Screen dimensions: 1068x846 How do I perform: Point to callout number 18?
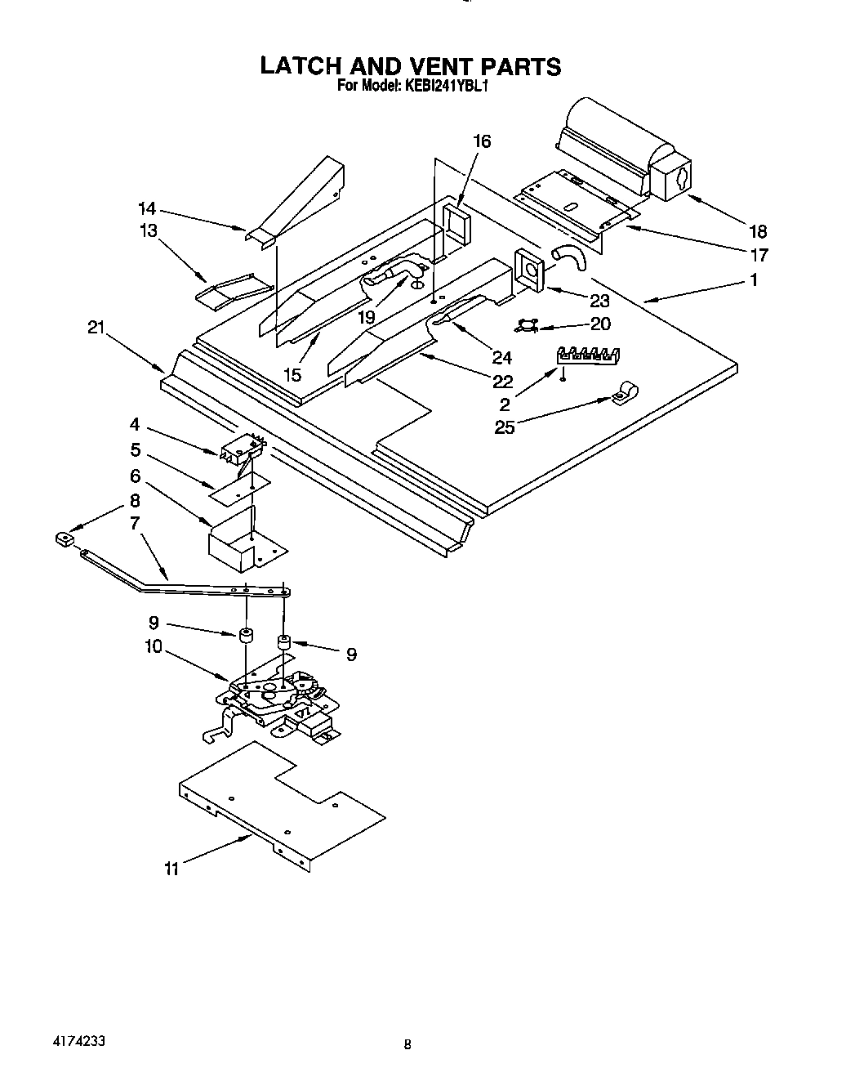tap(759, 231)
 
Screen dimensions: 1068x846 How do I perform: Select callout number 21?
tap(96, 327)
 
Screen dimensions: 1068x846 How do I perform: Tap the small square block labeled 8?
tap(62, 539)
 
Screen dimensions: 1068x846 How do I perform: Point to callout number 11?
tap(171, 869)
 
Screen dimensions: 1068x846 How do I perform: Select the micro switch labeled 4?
tap(241, 449)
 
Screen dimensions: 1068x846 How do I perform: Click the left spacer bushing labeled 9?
tap(244, 635)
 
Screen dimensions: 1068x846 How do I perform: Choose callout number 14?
tap(147, 208)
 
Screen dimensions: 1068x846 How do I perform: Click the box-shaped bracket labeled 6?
tap(235, 545)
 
